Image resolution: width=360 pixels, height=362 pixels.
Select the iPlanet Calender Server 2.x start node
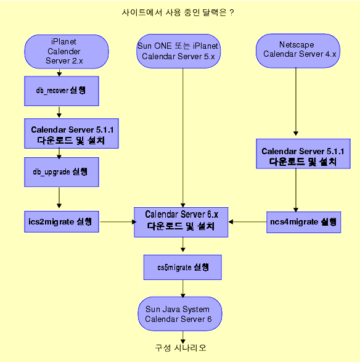[x=67, y=51]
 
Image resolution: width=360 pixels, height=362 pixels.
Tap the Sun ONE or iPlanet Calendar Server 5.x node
[x=178, y=51]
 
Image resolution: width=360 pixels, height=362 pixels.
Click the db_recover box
[x=60, y=91]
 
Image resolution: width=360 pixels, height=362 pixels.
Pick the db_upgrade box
[x=60, y=172]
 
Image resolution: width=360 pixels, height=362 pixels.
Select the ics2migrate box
[x=60, y=221]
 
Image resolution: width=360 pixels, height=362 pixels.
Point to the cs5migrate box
[x=182, y=268]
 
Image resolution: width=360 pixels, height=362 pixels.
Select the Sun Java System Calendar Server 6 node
[x=179, y=314]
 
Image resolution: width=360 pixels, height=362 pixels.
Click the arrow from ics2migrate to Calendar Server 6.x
[x=117, y=221]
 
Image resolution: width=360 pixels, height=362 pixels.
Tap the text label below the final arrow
[x=180, y=348]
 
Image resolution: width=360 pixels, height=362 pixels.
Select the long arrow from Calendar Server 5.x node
[x=182, y=136]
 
